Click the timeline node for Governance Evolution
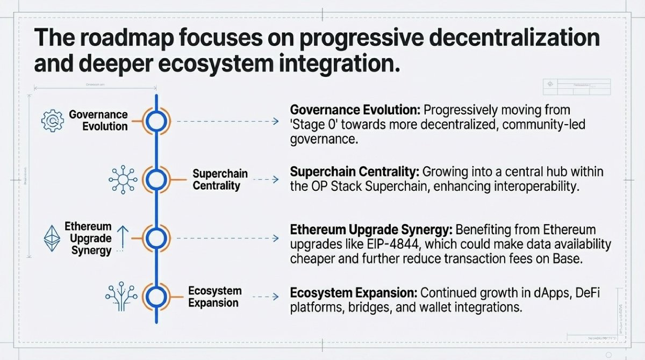[x=156, y=121]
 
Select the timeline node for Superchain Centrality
[x=156, y=179]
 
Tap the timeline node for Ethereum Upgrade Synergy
[x=156, y=237]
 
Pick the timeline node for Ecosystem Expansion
[x=156, y=297]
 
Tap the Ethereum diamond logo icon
[x=53, y=237]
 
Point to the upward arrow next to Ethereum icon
[x=123, y=236]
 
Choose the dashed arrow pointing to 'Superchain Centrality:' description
[x=264, y=179]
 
